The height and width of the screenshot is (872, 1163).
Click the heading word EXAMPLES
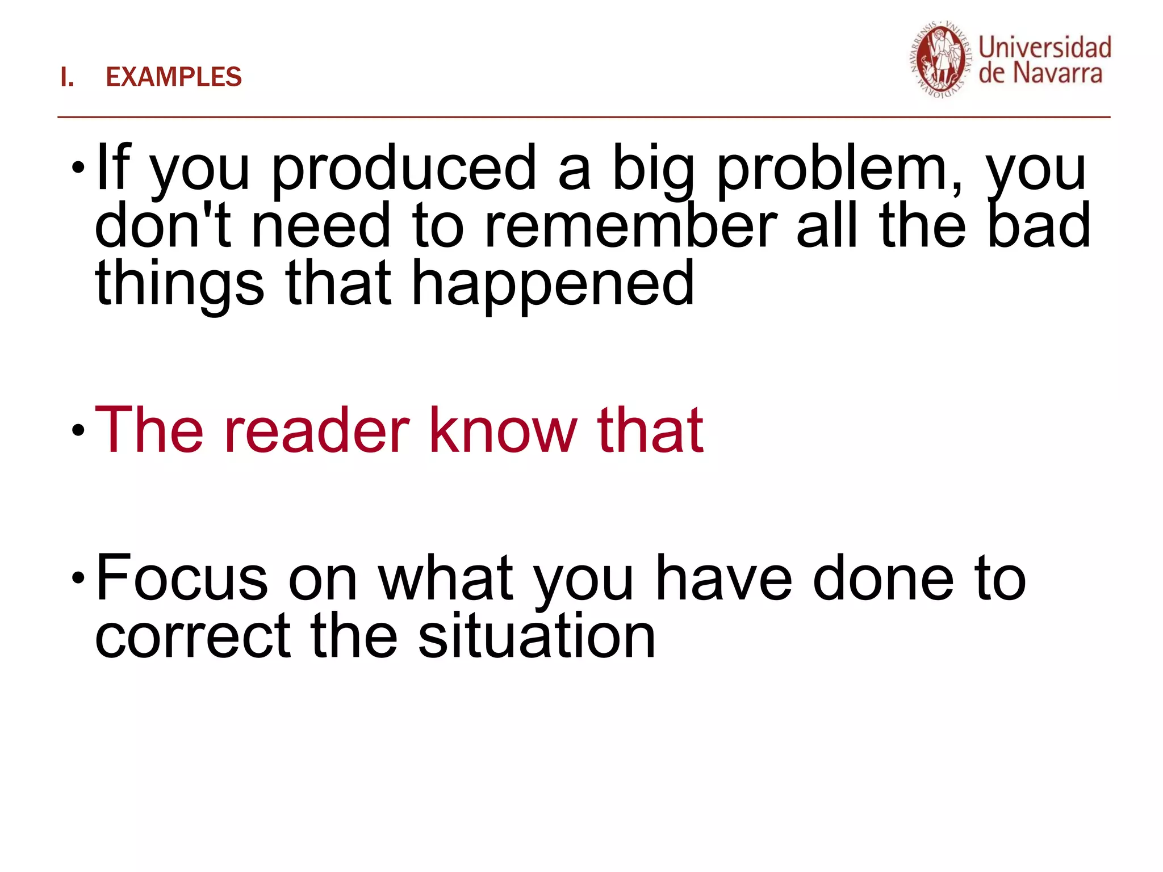174,77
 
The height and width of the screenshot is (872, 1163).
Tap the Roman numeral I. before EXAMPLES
67,77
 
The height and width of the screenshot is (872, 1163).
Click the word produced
404,169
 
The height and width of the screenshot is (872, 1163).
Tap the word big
653,169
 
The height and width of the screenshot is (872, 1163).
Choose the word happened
552,284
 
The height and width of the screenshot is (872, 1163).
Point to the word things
179,284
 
